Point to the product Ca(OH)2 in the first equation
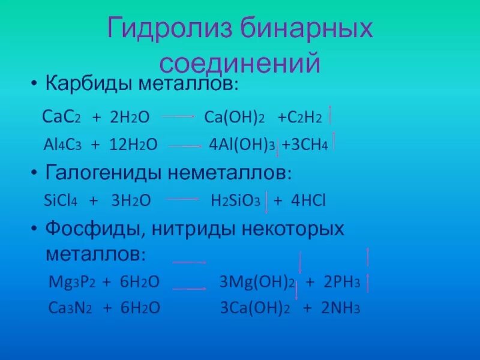tap(238, 116)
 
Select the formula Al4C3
tap(62, 145)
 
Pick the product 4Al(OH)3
tap(242, 145)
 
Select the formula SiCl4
tap(61, 200)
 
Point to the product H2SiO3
tap(235, 200)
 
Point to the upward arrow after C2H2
tap(331, 115)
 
